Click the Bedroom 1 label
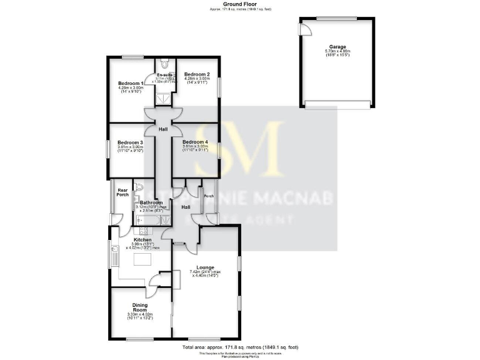tap(131, 83)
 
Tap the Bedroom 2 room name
tap(196, 74)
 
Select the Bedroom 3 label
tap(131, 142)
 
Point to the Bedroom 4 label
tap(196, 142)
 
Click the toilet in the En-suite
tap(164, 64)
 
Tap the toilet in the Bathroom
tap(139, 187)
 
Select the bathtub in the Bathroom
tap(145, 219)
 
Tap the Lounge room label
tap(199, 267)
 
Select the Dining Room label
tap(140, 308)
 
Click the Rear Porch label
tap(123, 192)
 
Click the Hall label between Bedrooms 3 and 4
tap(163, 129)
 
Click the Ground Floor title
tap(240, 4)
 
